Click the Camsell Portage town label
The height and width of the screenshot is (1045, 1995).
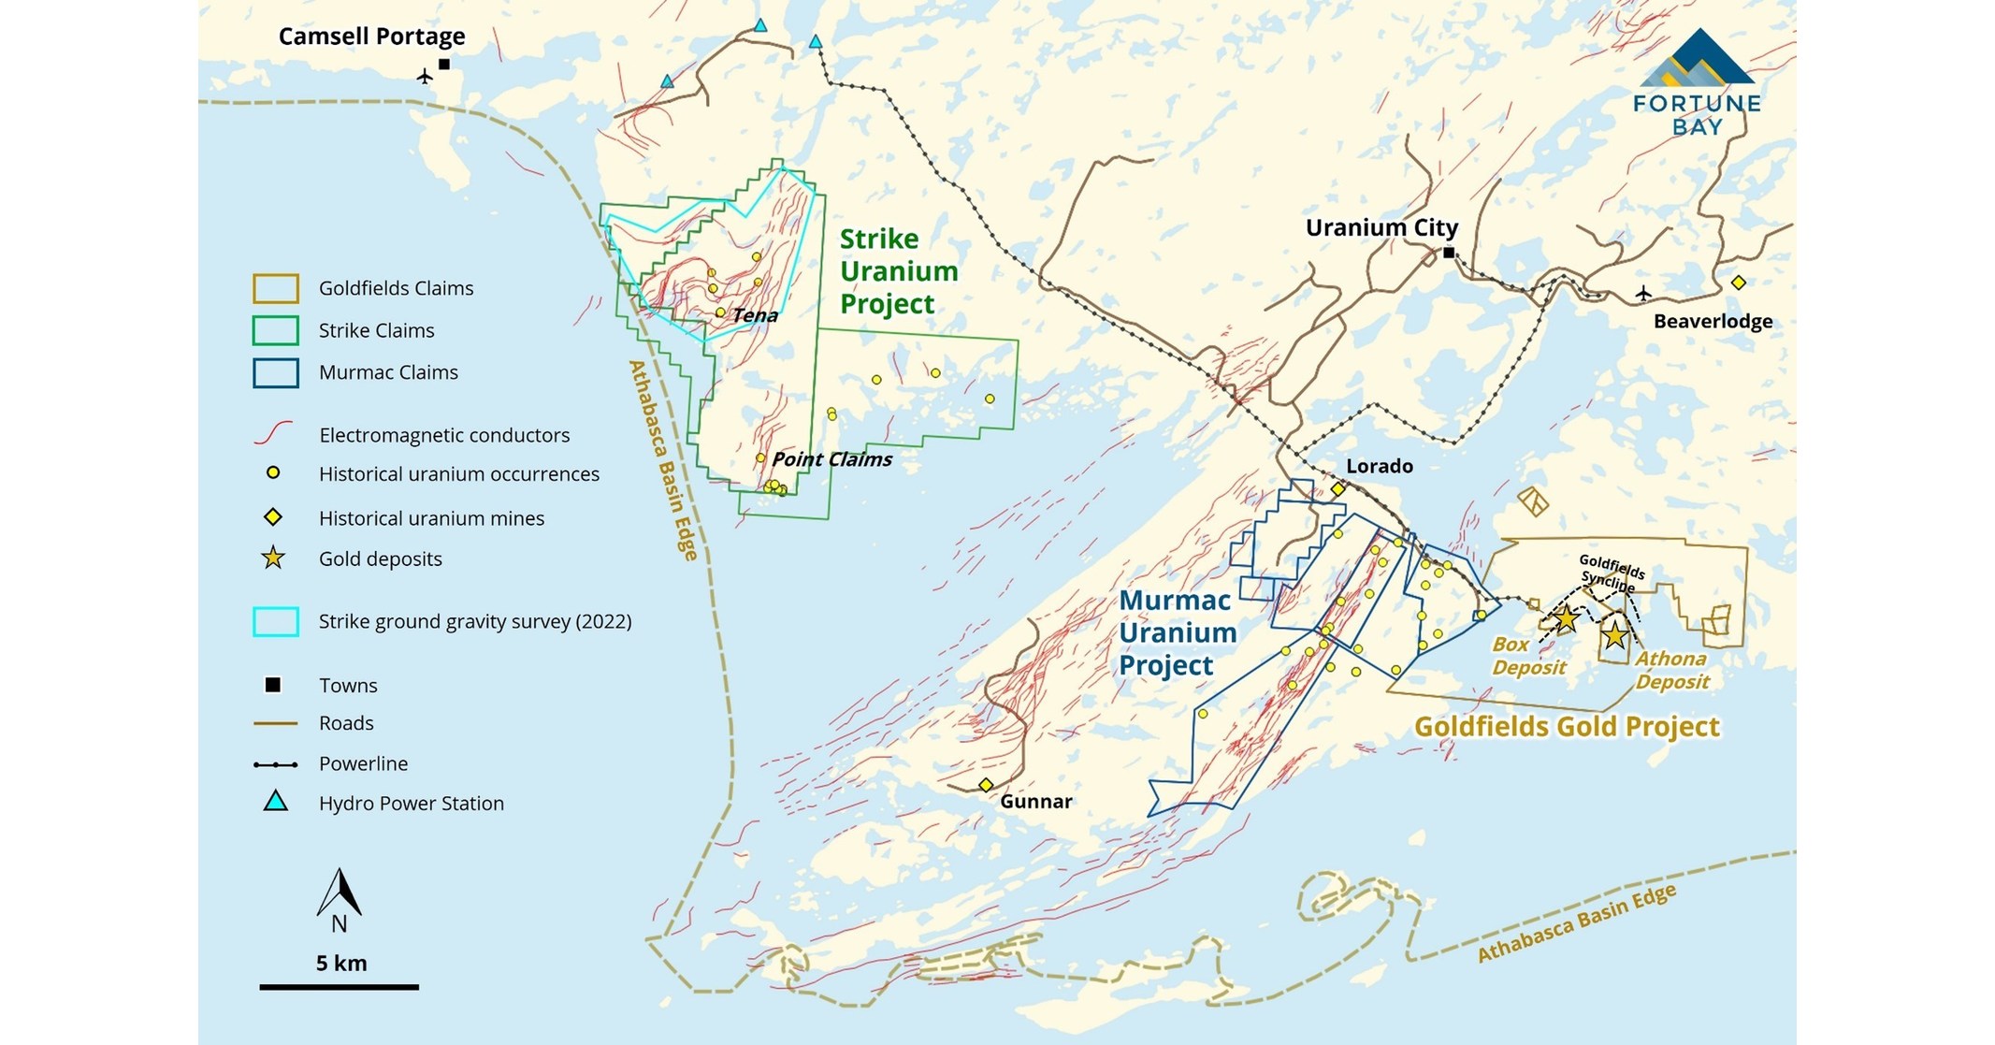click(x=371, y=36)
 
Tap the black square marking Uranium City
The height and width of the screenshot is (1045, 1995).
click(x=1449, y=253)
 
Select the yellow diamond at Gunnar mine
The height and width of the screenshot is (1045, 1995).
click(x=985, y=785)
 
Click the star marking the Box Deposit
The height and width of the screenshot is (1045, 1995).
click(x=1566, y=618)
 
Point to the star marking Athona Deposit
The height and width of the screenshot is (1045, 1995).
click(x=1614, y=635)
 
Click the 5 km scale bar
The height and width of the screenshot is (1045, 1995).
click(x=339, y=986)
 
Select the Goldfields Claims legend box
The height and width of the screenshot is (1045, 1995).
click(x=276, y=288)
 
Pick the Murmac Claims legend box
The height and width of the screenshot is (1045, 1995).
click(x=276, y=372)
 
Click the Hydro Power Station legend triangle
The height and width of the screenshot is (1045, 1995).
click(x=275, y=802)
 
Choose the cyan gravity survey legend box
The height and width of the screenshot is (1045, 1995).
click(x=276, y=621)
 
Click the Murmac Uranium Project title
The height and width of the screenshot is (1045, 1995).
click(x=1177, y=632)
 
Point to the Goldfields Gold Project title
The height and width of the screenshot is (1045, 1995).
click(x=1567, y=727)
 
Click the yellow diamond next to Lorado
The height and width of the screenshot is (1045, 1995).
click(x=1338, y=488)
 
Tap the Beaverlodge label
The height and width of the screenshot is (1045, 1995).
click(x=1713, y=322)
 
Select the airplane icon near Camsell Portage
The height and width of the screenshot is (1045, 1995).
click(x=425, y=76)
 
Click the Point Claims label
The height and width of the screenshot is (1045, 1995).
click(x=831, y=459)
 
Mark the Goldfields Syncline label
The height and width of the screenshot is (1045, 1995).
click(x=1611, y=572)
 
